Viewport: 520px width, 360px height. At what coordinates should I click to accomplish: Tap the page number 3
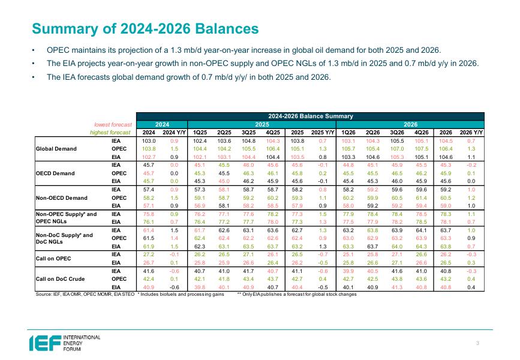(x=478, y=343)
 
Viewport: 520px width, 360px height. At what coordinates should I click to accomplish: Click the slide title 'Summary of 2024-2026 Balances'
(x=146, y=29)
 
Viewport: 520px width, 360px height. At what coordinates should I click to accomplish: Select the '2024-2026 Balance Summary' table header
(x=309, y=115)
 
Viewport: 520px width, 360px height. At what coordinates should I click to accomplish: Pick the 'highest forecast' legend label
(x=110, y=131)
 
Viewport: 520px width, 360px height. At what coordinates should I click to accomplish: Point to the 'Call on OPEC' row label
(x=54, y=258)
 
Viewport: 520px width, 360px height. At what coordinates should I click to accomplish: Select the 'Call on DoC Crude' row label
(x=61, y=278)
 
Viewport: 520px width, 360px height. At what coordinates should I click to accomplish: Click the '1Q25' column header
(x=201, y=131)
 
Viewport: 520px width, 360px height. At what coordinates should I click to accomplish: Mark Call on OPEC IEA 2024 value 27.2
(x=149, y=254)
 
